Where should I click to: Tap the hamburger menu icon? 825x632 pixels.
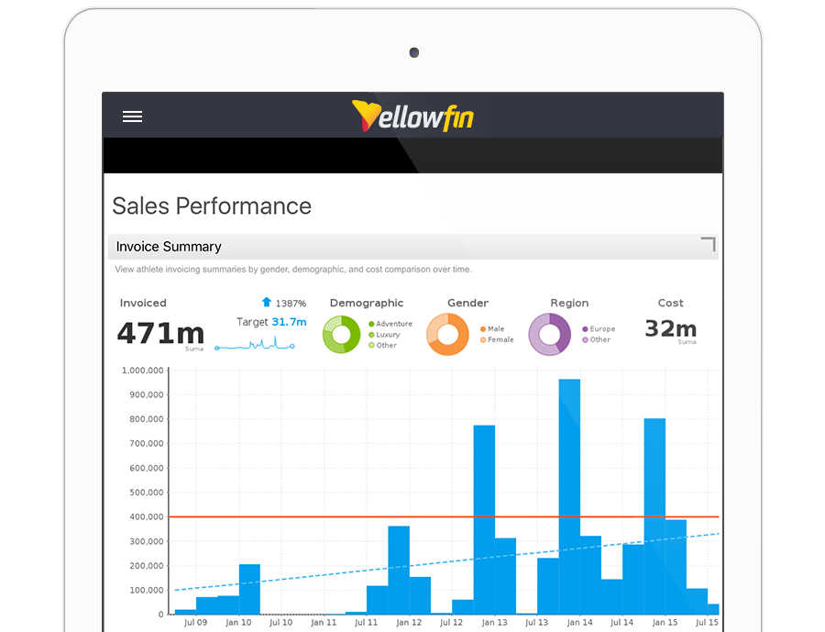pos(132,116)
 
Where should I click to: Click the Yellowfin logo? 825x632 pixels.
pos(412,116)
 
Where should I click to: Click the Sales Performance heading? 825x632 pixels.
pos(212,206)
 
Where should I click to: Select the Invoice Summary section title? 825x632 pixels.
pos(169,247)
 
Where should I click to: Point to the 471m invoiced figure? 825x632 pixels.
pos(159,332)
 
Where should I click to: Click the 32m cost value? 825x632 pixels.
pos(670,328)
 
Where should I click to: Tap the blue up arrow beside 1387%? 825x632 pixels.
pos(267,302)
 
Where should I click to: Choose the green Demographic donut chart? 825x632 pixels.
pos(343,335)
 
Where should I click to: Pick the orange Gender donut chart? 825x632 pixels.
pos(447,335)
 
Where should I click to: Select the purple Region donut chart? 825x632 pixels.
pos(549,334)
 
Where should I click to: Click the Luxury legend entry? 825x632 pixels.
pos(388,335)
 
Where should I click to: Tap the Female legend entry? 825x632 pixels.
pos(500,339)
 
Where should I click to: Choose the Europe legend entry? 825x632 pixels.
pos(602,328)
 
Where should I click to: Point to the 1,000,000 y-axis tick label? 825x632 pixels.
pos(142,371)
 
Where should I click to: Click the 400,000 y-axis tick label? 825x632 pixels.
pos(146,516)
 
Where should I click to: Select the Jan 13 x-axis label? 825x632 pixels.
pos(494,623)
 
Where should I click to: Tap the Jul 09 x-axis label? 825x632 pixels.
pos(196,623)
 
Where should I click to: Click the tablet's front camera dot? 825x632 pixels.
pos(414,52)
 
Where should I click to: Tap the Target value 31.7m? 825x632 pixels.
pos(289,322)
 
